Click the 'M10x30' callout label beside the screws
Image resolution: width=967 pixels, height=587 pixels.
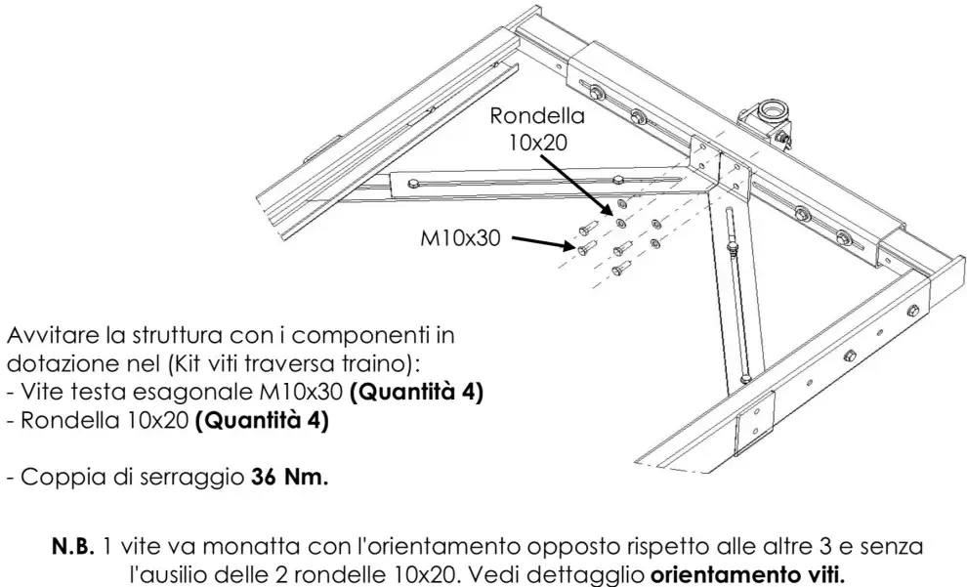coord(460,237)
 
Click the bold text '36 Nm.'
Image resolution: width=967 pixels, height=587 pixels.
coord(290,477)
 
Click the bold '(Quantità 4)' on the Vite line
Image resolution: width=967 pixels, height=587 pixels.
coord(416,392)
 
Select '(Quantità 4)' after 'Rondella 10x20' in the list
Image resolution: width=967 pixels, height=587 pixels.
coord(262,420)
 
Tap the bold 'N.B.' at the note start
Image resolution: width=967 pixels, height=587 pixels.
coord(73,546)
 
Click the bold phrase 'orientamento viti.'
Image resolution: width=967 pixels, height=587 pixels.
coord(747,574)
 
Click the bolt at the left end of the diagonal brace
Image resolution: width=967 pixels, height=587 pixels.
coord(412,182)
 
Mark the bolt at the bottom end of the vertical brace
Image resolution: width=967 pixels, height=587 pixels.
coord(745,378)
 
